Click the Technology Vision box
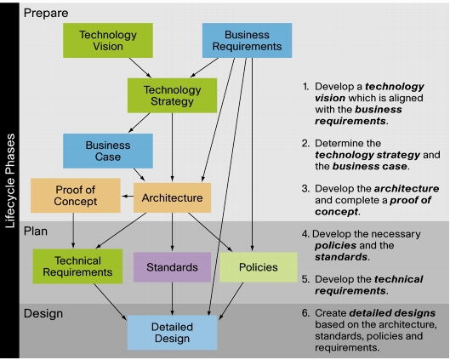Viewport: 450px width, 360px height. click(108, 41)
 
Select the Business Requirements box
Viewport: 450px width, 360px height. click(247, 41)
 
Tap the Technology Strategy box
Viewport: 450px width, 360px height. click(172, 95)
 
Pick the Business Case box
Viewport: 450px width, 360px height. click(108, 151)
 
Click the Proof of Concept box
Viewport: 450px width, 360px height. click(76, 196)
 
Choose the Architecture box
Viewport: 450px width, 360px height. click(172, 197)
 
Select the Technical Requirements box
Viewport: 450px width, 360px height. click(77, 266)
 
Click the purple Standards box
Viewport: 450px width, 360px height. click(172, 267)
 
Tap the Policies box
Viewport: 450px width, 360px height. click(259, 267)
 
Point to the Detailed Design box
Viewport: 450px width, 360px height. click(172, 333)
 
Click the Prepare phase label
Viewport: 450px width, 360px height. click(46, 14)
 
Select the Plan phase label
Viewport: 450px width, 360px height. click(36, 231)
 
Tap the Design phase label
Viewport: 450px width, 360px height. click(43, 313)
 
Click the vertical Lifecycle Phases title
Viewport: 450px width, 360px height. click(10, 181)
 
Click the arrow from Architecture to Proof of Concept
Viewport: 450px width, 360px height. click(128, 197)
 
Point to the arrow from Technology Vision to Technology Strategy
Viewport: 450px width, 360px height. click(140, 68)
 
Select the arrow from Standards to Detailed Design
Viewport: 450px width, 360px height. click(172, 299)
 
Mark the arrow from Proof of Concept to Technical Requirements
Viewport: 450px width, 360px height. click(73, 231)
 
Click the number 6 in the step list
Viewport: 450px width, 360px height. click(305, 313)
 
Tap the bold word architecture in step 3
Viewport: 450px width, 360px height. click(407, 189)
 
